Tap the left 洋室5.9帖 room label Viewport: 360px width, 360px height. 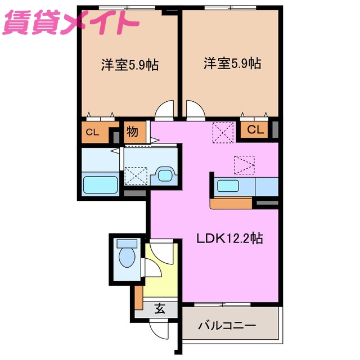pyautogui.click(x=129, y=65)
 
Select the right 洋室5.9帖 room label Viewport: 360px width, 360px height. pyautogui.click(x=232, y=64)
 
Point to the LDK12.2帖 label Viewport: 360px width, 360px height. pyautogui.click(x=229, y=238)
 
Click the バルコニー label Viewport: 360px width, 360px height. pyautogui.click(x=228, y=326)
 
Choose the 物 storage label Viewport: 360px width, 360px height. pyautogui.click(x=133, y=133)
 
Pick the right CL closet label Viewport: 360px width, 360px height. pyautogui.click(x=255, y=130)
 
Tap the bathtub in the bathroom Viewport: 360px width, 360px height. pyautogui.click(x=100, y=185)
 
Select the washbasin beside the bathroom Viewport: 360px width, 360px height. pyautogui.click(x=165, y=175)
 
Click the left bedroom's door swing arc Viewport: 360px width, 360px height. pyautogui.click(x=164, y=109)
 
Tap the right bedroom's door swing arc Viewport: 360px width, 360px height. pyautogui.click(x=195, y=109)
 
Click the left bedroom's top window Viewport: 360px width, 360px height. pyautogui.click(x=126, y=7)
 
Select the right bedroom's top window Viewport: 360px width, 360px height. pyautogui.click(x=229, y=7)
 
